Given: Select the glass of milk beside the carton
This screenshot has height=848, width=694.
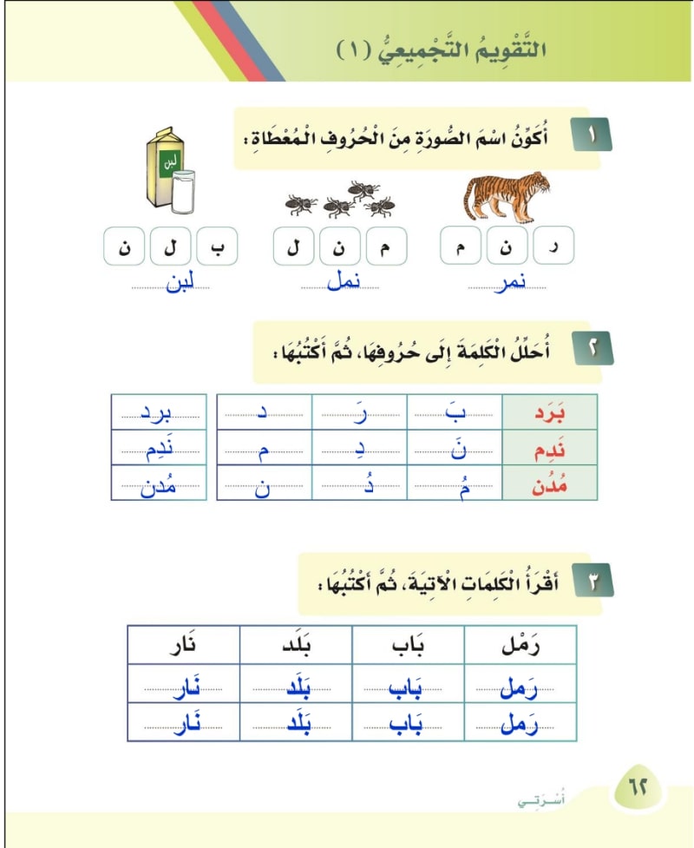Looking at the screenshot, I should [183, 191].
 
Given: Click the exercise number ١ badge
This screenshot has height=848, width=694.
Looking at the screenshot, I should [593, 136].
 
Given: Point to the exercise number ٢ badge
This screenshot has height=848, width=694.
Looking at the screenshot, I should [593, 349].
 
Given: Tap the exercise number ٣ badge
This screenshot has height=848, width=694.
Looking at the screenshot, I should [593, 582].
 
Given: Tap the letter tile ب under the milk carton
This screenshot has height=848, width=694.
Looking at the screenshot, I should [217, 247].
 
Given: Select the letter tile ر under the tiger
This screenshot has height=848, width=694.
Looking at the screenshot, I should [553, 247].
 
